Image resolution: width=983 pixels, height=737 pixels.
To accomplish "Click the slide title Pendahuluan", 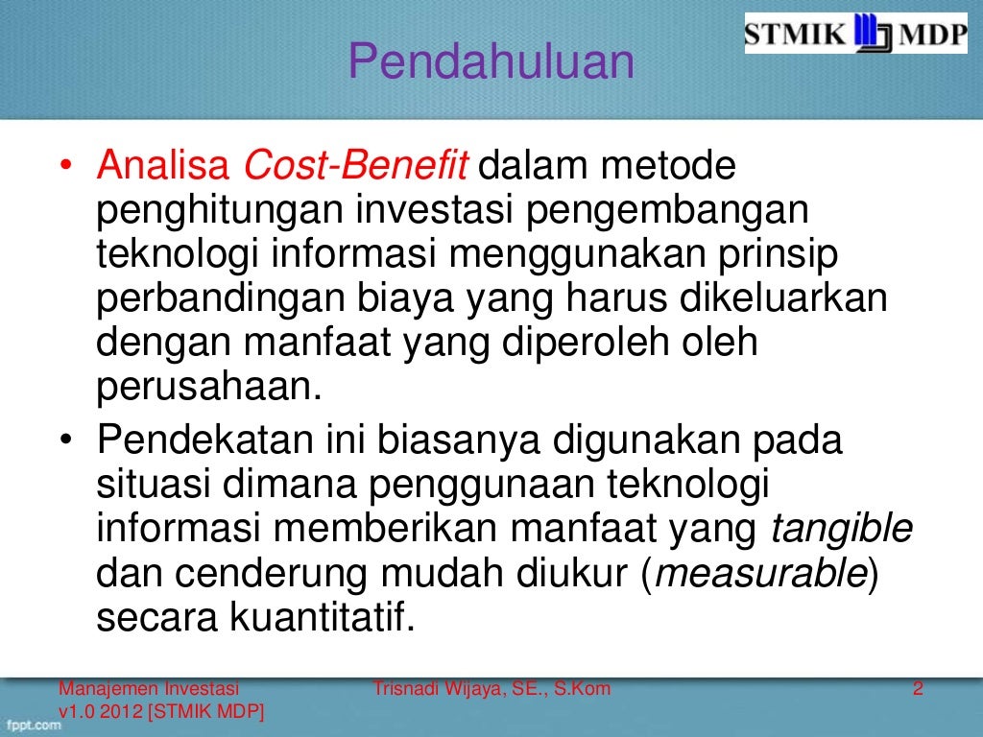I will click(x=491, y=62).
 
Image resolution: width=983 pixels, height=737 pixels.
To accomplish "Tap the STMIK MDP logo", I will click(x=857, y=34).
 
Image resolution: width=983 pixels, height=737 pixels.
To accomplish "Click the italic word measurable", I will click(x=760, y=575).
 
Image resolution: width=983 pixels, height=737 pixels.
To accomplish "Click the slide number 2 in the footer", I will click(x=918, y=688).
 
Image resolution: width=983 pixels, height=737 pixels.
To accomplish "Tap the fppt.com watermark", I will click(x=32, y=725).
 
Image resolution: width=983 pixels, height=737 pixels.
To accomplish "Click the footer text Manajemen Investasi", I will click(x=150, y=688).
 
